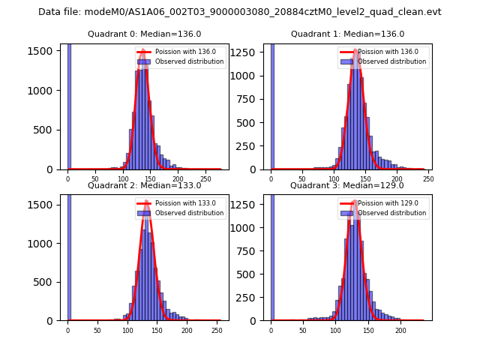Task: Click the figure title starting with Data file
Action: click(240, 12)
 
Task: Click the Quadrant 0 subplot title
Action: click(145, 34)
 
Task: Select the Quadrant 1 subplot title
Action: click(348, 34)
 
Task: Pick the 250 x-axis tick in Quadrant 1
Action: click(429, 178)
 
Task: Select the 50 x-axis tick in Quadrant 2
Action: click(97, 330)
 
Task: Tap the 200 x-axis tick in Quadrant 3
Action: click(400, 330)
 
